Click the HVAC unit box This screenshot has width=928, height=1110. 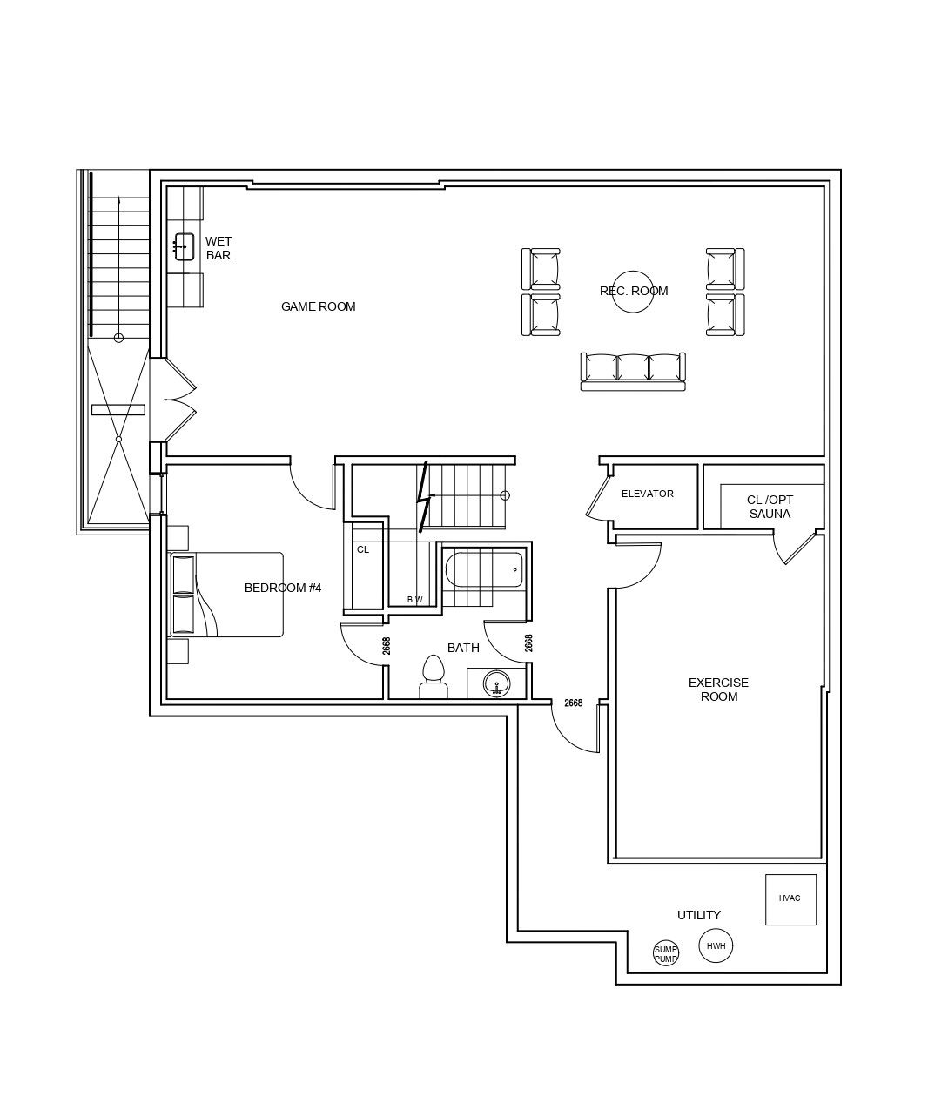pos(790,899)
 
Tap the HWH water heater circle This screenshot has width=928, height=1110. pos(716,945)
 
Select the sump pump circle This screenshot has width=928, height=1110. pos(665,954)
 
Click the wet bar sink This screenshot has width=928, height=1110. pos(184,246)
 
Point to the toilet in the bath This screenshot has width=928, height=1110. pos(434,676)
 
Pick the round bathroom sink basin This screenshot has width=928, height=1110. pos(496,684)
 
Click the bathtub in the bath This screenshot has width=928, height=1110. pos(484,570)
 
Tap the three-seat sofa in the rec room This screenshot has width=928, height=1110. pos(633,372)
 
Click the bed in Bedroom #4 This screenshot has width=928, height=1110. pos(225,595)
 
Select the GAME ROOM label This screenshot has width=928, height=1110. pos(318,306)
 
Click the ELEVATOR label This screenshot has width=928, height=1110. pos(648,494)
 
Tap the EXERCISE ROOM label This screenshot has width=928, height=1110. pos(718,690)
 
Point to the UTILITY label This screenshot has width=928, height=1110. pos(698,915)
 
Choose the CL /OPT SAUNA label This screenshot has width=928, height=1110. pos(770,507)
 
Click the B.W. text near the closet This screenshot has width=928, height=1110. pos(415,600)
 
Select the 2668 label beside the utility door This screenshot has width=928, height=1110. pos(574,703)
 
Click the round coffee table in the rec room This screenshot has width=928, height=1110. pos(633,292)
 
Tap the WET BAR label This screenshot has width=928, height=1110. pos(219,248)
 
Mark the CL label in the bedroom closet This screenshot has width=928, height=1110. pos(363,549)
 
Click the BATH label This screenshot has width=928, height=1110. pos(463,648)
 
